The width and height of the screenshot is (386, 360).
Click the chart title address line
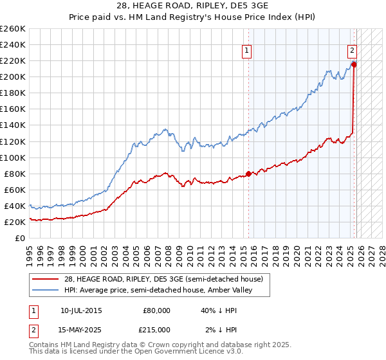pos(193,6)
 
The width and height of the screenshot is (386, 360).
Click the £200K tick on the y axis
pos(13,76)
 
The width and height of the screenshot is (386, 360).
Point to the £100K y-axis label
pos(13,157)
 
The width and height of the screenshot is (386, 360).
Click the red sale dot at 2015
pos(248,174)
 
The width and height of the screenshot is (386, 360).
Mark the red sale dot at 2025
pos(354,64)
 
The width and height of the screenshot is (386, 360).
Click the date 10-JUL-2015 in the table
pos(80,310)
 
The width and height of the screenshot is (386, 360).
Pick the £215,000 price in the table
pos(156,329)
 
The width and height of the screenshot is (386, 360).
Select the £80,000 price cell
pos(156,310)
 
